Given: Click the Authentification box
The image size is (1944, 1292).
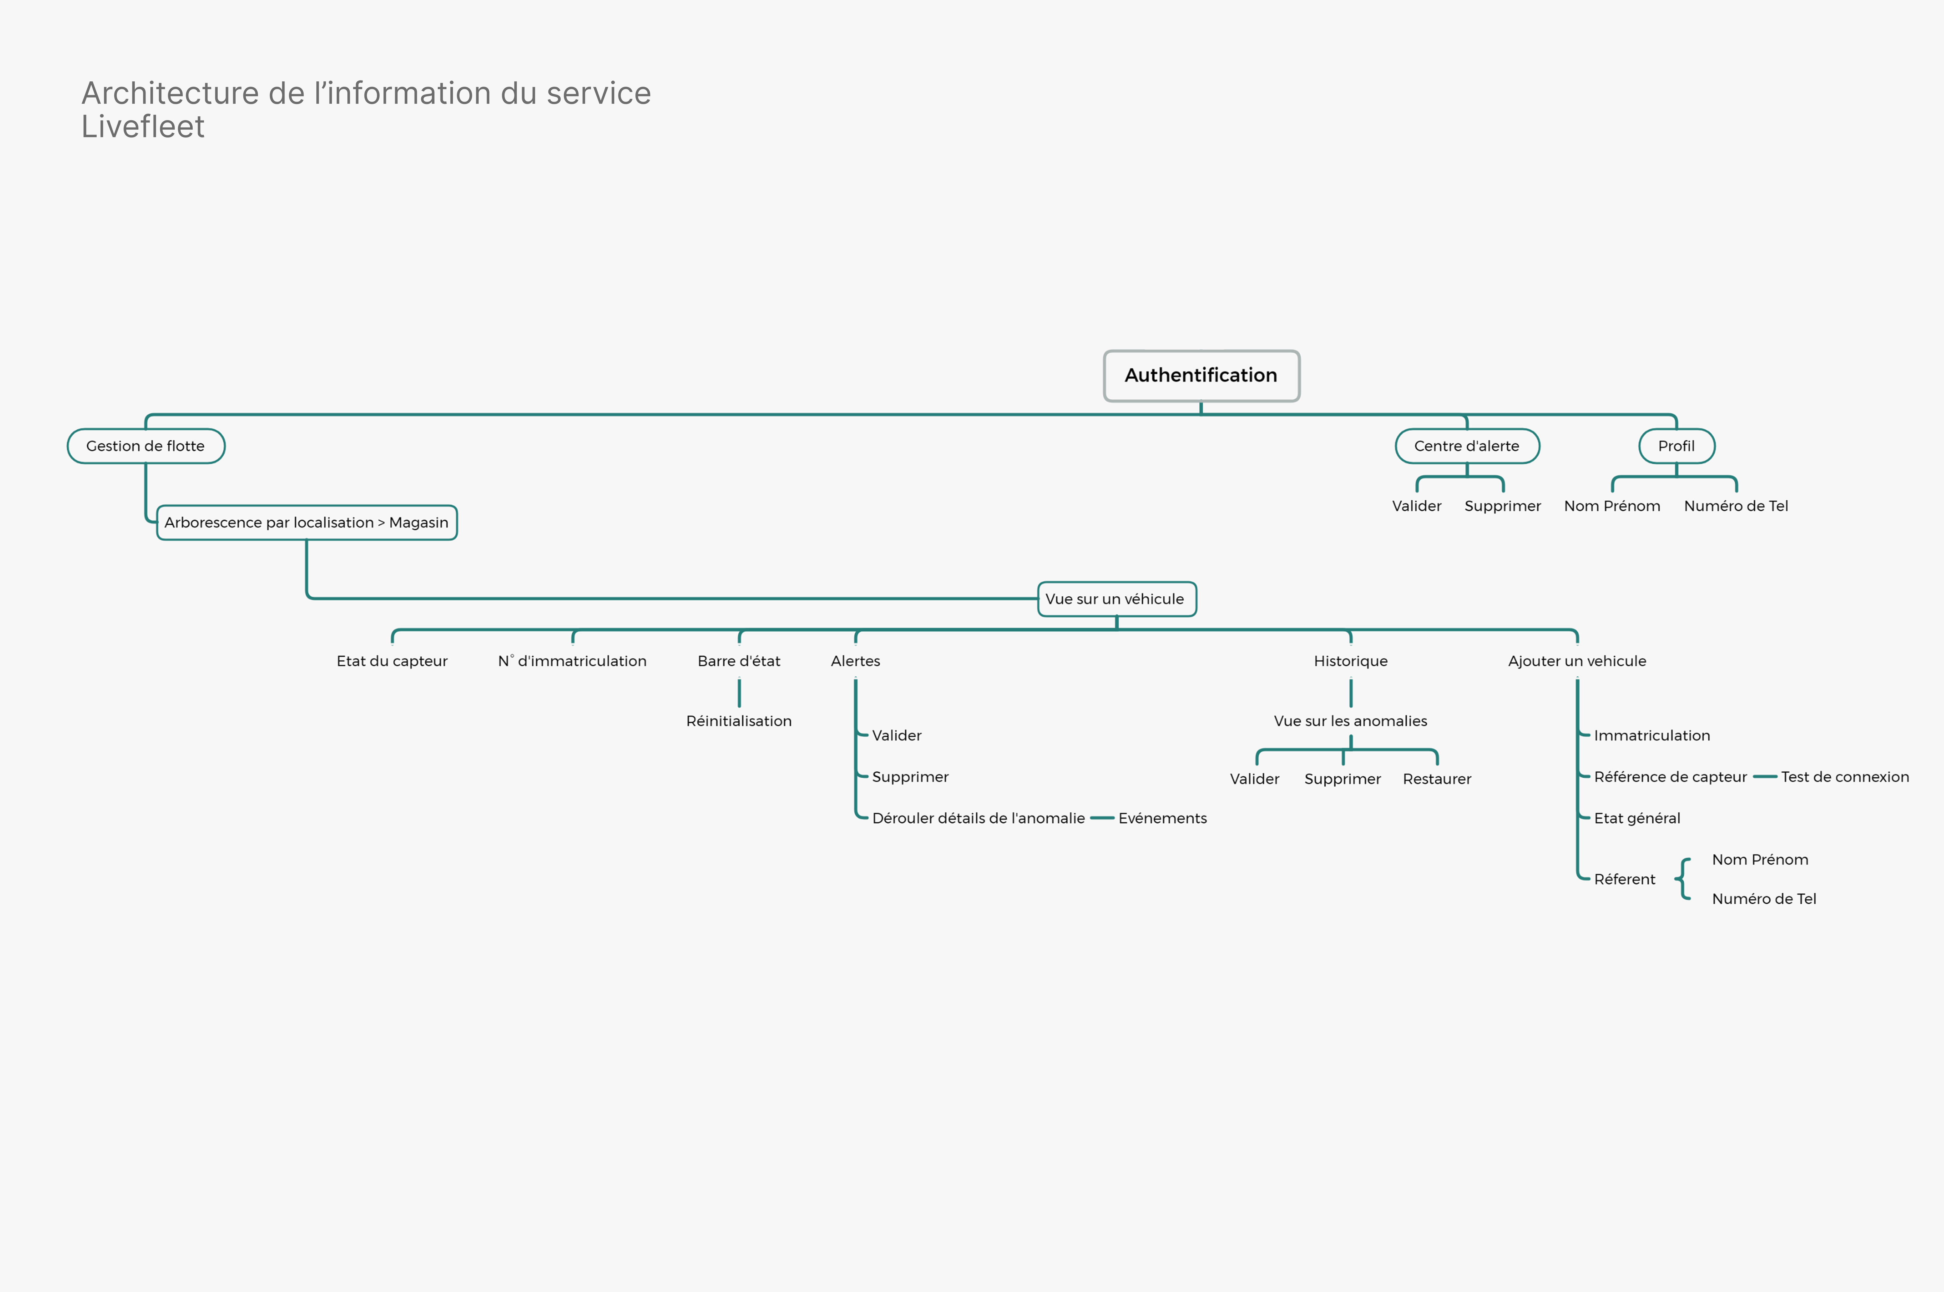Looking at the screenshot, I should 1201,376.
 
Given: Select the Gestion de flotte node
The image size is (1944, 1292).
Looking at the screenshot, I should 146,446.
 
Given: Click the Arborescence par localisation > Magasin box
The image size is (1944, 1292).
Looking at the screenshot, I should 307,522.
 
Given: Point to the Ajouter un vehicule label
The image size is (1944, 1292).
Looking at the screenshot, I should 1576,661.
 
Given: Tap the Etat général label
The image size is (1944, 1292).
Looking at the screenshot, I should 1637,818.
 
